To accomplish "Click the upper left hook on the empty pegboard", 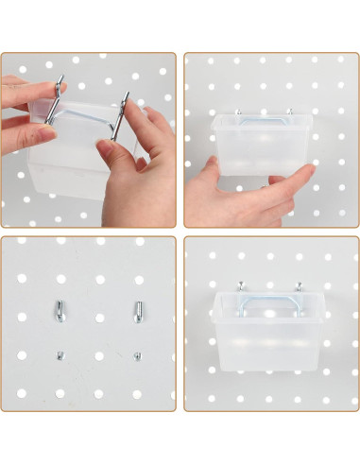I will pos(59,308).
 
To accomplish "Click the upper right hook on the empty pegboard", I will pos(137,308).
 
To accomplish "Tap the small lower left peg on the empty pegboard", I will pos(60,355).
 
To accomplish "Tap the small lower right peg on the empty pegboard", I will pos(137,355).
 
